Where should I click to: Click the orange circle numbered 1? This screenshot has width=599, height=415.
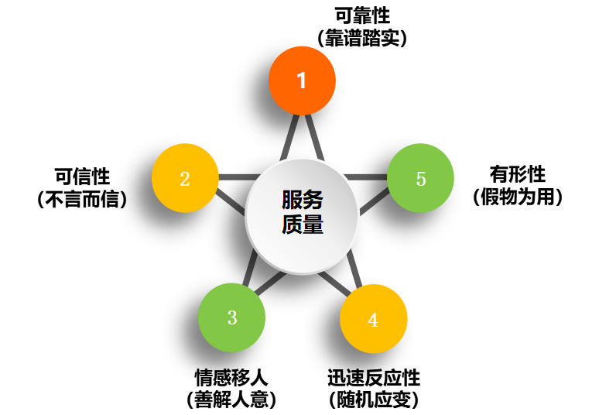click(x=302, y=80)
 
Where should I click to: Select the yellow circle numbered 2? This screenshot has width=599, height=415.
click(x=185, y=178)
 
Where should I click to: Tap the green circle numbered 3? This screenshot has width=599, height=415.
click(x=232, y=317)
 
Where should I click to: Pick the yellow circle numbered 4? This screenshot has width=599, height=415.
click(x=373, y=319)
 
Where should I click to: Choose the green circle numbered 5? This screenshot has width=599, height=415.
click(x=420, y=179)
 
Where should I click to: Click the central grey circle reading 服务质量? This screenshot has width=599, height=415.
click(x=302, y=216)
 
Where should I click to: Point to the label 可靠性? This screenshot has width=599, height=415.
click(x=362, y=15)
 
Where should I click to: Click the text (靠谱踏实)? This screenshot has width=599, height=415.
click(x=362, y=37)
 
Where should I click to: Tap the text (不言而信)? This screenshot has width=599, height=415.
click(x=81, y=199)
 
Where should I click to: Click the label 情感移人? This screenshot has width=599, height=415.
click(x=231, y=378)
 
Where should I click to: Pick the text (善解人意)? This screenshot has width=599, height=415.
click(x=231, y=400)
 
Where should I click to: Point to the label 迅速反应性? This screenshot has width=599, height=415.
click(x=374, y=378)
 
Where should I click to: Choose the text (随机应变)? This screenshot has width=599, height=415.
click(x=374, y=400)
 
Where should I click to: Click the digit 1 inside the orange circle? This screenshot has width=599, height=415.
click(x=302, y=80)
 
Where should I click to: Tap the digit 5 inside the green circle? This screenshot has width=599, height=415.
click(x=421, y=179)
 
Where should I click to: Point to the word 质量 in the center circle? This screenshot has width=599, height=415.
click(x=302, y=225)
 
